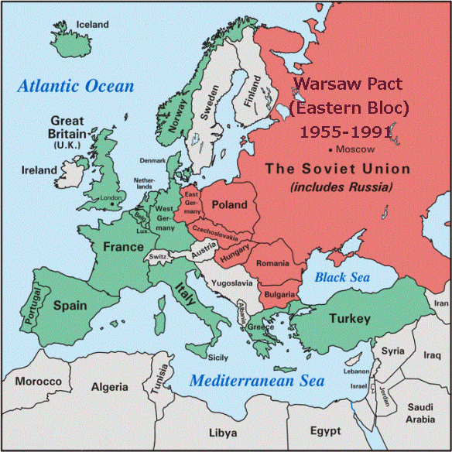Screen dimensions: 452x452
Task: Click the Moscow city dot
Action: point(330,148)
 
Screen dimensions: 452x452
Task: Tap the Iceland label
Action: point(92,25)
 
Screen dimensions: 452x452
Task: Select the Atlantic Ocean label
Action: point(77,86)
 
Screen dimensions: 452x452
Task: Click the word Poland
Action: point(228,205)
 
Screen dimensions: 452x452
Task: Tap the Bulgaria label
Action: point(279,295)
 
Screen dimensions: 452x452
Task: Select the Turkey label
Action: point(351,319)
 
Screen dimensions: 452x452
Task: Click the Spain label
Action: point(69,305)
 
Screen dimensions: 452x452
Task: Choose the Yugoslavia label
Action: point(232,283)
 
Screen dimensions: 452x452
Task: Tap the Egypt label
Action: point(324,430)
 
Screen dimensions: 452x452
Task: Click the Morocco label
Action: point(38,382)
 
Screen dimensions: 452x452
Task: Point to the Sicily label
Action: point(217,357)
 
